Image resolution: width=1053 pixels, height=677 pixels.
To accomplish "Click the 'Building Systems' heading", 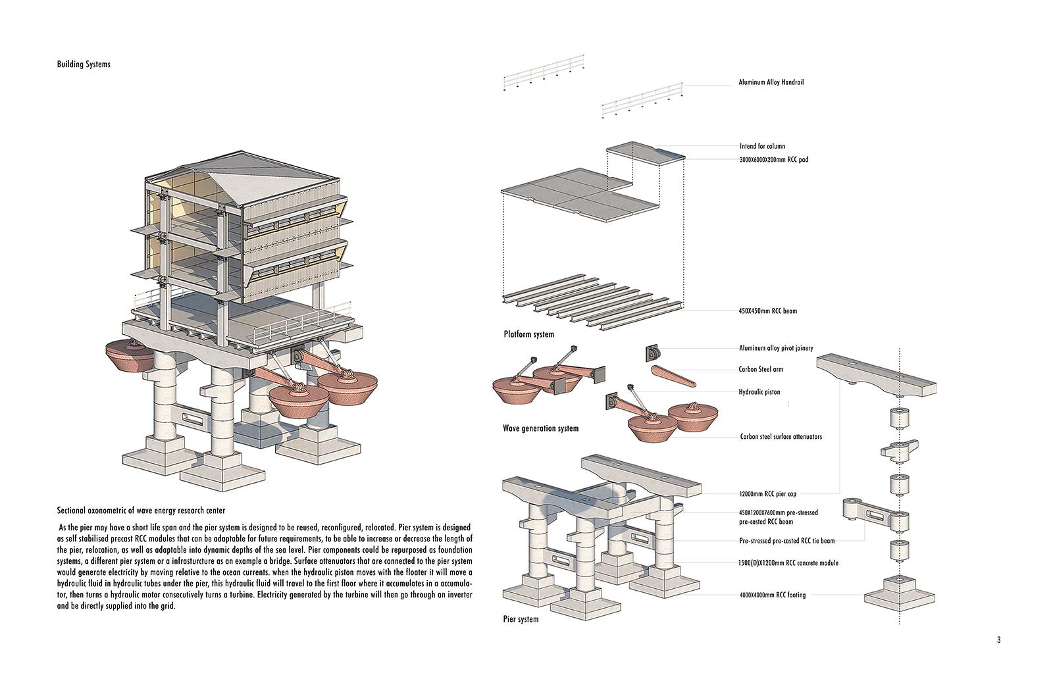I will click(84, 64).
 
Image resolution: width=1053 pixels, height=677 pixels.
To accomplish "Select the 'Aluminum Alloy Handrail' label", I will click(771, 83).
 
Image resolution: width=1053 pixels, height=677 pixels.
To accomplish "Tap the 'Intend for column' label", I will click(762, 146).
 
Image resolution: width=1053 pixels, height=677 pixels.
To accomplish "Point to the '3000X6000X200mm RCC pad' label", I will click(773, 159).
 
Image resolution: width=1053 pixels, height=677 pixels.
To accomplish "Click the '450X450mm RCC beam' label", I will click(768, 311).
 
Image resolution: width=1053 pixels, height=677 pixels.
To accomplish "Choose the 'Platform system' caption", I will click(528, 334).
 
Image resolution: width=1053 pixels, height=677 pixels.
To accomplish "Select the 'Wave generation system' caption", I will click(540, 428).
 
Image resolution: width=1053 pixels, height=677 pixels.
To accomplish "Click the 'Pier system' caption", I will click(521, 619).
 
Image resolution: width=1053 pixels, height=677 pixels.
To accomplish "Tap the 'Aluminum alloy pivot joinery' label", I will click(776, 348).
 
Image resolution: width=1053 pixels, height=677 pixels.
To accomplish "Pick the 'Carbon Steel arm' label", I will click(761, 369).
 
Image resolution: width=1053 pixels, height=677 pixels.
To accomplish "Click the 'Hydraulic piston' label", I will click(759, 392).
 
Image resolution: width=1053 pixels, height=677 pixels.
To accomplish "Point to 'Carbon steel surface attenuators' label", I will click(781, 436).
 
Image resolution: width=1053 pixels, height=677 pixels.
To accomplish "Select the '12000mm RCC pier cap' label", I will click(768, 493).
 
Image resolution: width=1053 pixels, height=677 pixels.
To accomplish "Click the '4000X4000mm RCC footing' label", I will click(772, 595).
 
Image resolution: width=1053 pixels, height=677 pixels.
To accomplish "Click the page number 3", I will click(998, 640).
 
